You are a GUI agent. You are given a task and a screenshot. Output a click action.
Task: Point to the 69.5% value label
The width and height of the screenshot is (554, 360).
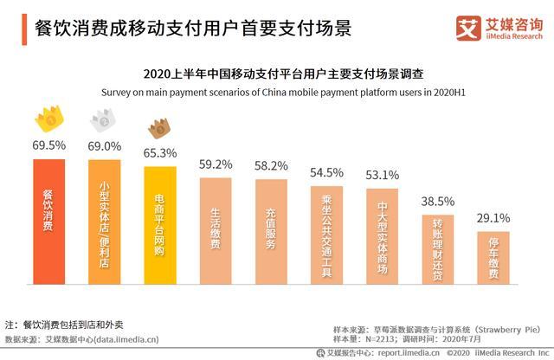click(x=48, y=145)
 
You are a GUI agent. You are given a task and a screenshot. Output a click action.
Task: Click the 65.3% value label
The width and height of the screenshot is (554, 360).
click(x=160, y=153)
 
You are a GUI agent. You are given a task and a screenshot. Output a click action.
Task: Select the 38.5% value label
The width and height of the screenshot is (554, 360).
click(x=437, y=200)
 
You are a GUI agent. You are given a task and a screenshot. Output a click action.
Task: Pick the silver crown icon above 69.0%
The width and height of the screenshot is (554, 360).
click(x=104, y=121)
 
